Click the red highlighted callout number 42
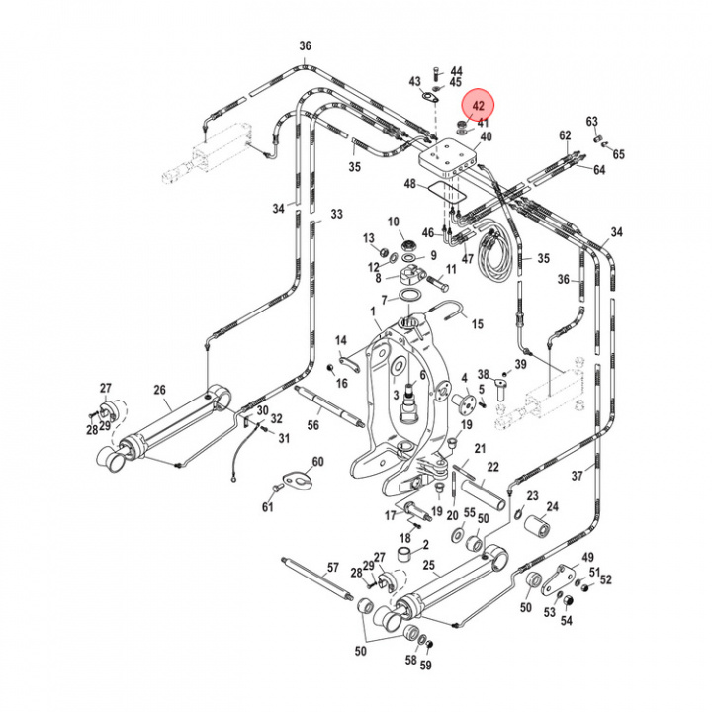coord(479,106)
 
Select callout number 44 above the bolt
coord(456,71)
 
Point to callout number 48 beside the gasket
coord(409,184)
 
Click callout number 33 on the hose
coord(336,214)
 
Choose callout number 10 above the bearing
coord(393,222)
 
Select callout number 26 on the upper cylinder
coord(160,389)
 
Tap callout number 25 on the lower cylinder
coord(428,566)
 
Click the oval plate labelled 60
coord(295,480)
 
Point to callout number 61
coord(267,508)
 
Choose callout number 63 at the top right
coord(591,122)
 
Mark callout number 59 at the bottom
coord(426,666)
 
